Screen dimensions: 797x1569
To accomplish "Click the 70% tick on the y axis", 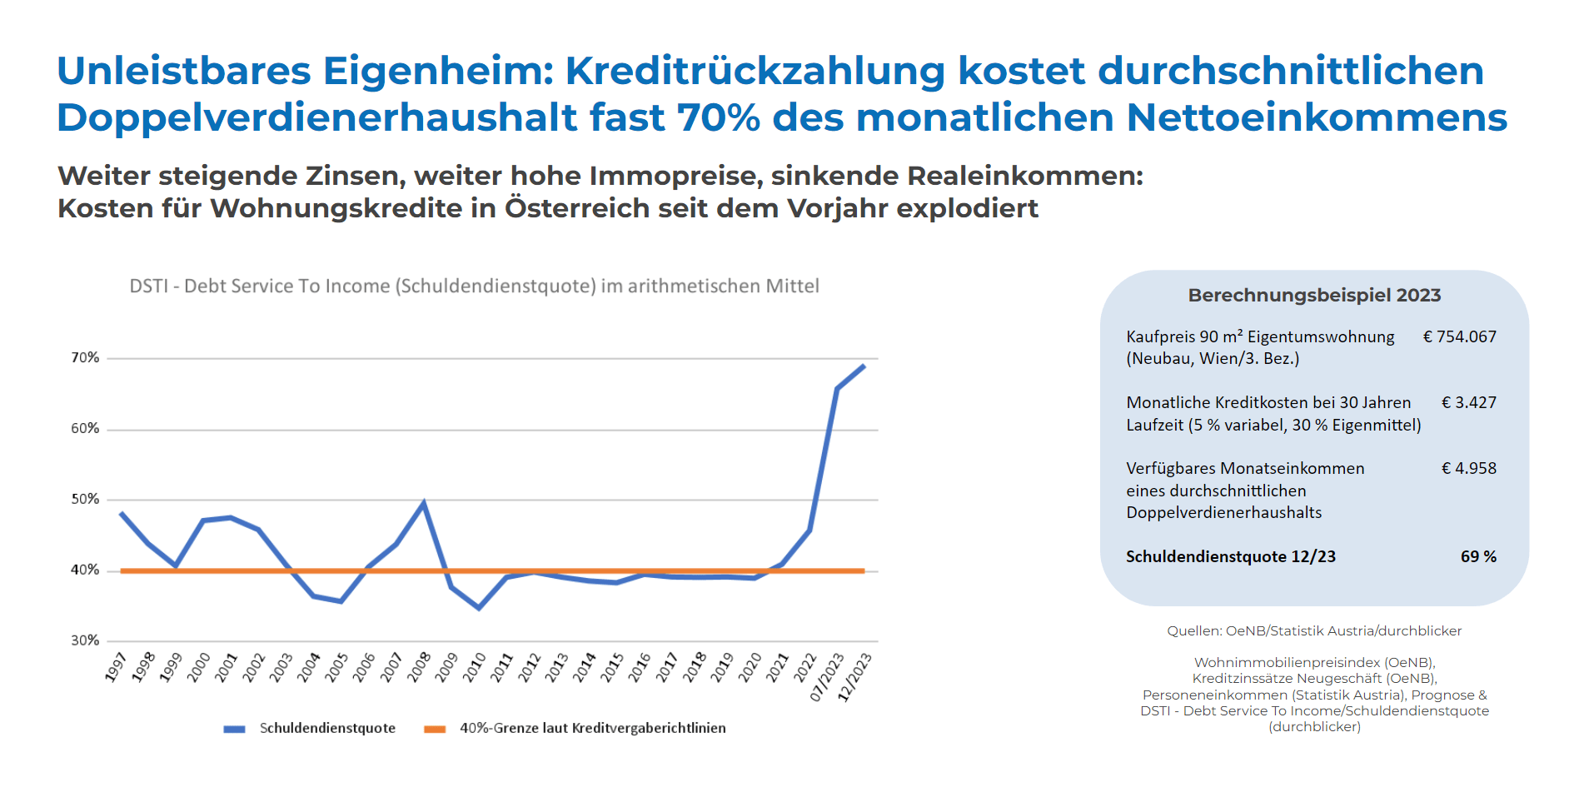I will (85, 358).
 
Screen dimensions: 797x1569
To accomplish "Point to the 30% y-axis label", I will (85, 640).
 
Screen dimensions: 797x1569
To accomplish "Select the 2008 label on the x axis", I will (418, 668).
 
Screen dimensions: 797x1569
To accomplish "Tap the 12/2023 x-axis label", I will (854, 677).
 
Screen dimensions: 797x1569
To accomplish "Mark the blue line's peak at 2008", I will (424, 503).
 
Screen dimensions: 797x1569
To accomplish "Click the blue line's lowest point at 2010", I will (479, 608).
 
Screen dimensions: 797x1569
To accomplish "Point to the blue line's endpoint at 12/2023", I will (864, 366).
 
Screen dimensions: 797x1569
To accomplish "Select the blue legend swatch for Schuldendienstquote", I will (234, 729).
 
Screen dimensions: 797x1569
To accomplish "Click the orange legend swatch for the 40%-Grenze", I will (435, 729).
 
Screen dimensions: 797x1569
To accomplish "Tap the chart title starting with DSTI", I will (474, 286).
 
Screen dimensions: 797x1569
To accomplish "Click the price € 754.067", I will (1459, 337).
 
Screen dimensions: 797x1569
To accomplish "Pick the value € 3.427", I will (1468, 403).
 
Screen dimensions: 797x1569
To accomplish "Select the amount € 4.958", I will (1468, 469).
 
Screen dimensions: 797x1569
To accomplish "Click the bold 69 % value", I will (1478, 557).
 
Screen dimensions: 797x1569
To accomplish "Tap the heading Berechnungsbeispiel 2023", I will (1314, 296).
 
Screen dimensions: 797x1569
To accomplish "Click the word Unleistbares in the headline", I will (183, 72).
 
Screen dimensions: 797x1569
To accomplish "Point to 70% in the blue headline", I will (718, 118).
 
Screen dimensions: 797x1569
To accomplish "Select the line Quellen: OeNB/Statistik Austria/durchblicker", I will (1314, 631).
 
